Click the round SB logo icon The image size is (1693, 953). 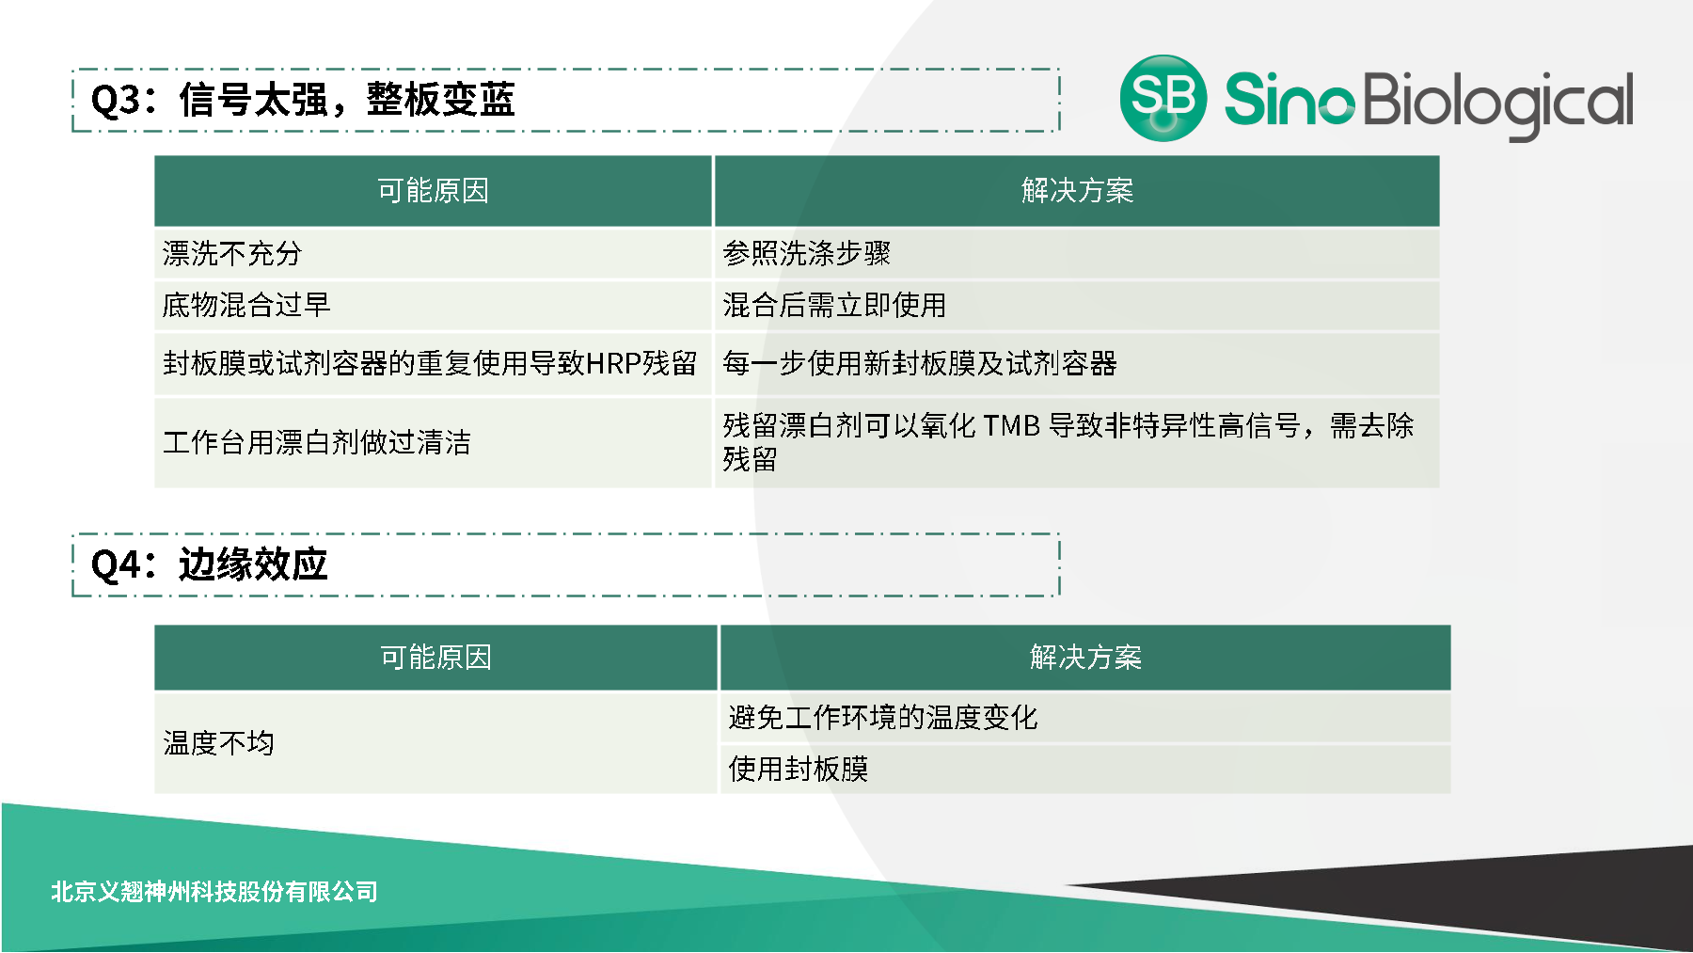1163,98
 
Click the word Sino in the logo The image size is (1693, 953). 1289,99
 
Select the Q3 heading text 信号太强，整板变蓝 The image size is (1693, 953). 347,100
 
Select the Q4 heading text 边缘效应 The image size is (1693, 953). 253,564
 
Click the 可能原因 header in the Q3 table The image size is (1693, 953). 433,191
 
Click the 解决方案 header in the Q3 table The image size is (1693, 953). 1077,191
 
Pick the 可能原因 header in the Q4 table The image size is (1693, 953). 435,657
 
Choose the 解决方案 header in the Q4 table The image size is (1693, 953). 1085,657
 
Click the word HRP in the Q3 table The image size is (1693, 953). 613,363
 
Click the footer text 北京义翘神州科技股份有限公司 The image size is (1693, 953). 214,891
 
